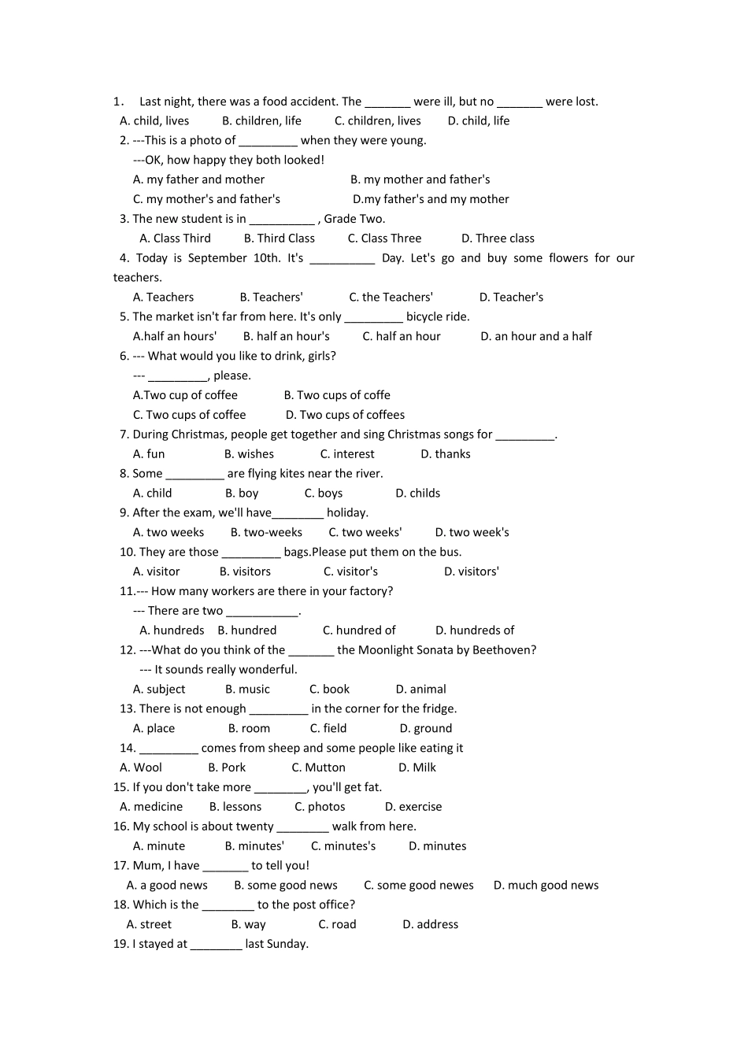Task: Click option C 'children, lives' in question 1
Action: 378,121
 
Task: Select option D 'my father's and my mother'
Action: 431,199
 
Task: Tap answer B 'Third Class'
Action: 279,239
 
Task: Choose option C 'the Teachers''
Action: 391,298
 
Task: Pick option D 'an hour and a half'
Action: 536,336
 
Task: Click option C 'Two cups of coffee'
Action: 189,415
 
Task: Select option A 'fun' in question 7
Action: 149,454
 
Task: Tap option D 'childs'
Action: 418,494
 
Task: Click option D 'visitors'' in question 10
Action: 472,572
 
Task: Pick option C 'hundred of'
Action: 359,631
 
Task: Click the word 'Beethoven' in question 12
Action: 505,650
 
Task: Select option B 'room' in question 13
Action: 249,729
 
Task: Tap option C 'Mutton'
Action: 318,768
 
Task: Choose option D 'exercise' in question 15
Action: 413,807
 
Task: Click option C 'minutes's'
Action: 343,846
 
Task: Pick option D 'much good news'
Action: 546,886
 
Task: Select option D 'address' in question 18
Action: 430,925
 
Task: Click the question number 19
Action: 120,944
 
